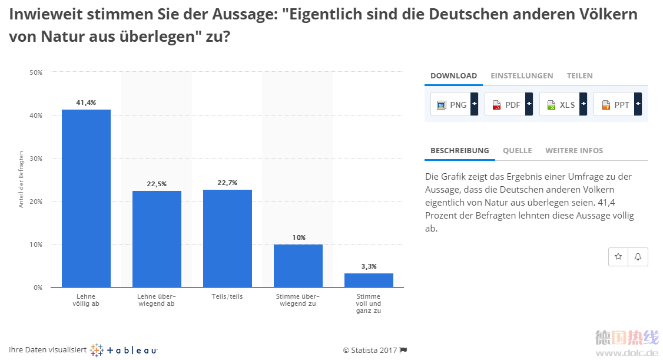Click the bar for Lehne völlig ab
click(86, 199)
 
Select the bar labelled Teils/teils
click(227, 239)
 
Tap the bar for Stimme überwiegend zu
click(298, 266)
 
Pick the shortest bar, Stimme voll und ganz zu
click(369, 280)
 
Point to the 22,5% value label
click(157, 184)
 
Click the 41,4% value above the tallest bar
click(86, 103)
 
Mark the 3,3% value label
click(369, 266)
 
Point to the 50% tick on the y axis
click(36, 72)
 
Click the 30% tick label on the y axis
click(36, 158)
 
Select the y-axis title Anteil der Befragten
click(21, 180)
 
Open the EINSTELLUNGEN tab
click(522, 76)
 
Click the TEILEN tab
click(579, 76)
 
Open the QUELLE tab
click(517, 151)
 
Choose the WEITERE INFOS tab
click(574, 151)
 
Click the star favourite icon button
click(618, 257)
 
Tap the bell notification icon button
click(638, 257)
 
